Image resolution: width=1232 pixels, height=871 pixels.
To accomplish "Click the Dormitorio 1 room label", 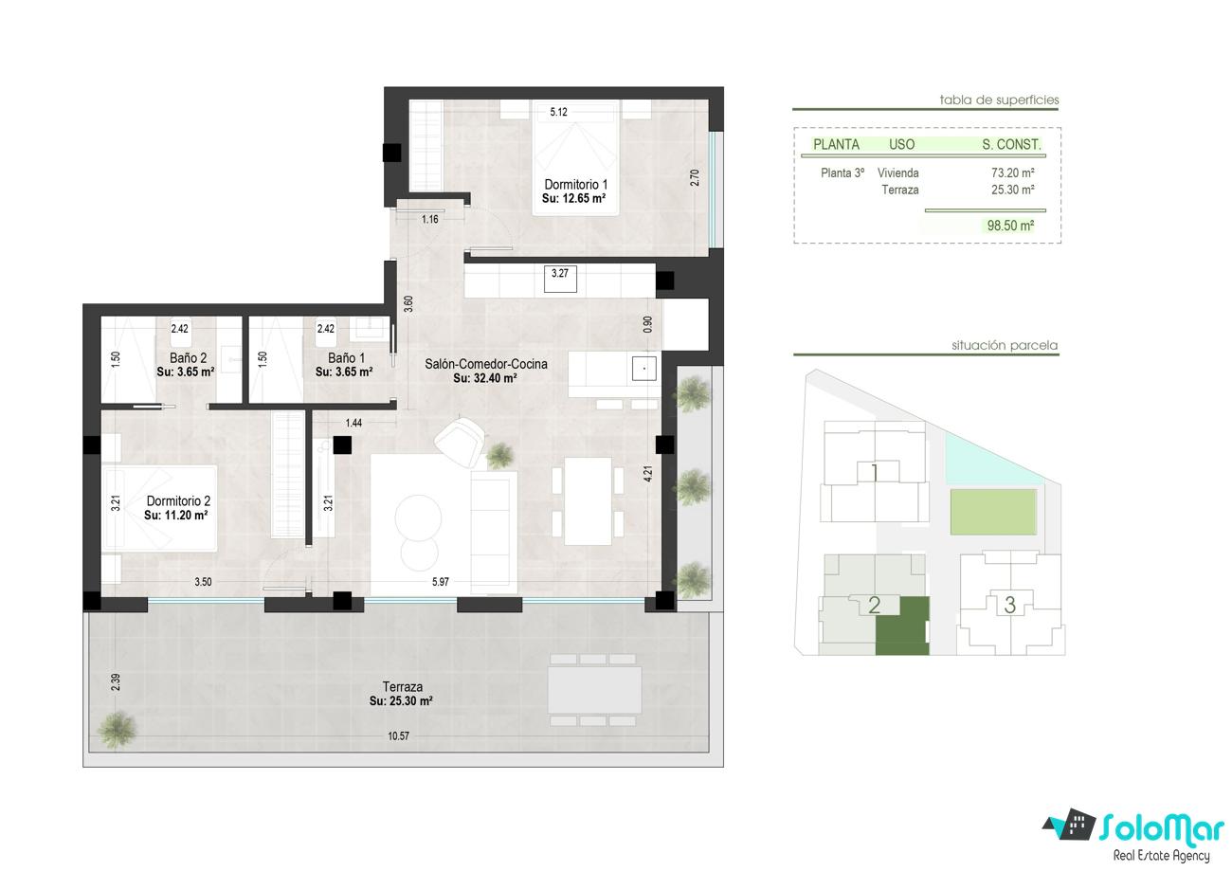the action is click(575, 184).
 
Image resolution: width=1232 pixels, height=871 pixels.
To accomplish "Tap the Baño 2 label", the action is click(188, 358).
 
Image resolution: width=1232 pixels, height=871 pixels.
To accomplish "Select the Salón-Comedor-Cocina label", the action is click(485, 364).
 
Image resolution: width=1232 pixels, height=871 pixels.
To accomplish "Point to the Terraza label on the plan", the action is click(403, 687).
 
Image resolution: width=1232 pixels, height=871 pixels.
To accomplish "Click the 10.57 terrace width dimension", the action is click(398, 735).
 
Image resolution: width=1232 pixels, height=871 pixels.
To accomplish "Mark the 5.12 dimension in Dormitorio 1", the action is click(558, 112).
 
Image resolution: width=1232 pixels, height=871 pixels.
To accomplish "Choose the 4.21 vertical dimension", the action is click(648, 474).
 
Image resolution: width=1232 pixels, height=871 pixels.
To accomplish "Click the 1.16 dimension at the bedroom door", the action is click(429, 219).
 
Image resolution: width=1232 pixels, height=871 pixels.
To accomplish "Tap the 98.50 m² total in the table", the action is click(1010, 226).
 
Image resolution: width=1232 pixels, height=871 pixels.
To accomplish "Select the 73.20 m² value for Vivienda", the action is click(1012, 172).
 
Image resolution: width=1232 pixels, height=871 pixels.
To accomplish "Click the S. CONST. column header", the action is click(1011, 145).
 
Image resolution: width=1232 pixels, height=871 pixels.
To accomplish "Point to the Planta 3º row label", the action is click(842, 172).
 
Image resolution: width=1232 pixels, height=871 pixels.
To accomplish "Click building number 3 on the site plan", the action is click(1009, 606).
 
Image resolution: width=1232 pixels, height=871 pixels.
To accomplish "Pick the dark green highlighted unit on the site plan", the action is click(902, 626).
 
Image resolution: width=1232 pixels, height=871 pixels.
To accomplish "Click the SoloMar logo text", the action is click(1161, 828).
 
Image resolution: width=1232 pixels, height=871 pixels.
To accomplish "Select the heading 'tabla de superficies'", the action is click(999, 100).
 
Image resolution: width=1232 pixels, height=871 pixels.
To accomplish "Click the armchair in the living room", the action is click(460, 442).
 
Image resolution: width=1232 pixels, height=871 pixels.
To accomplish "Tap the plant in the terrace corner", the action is click(117, 730).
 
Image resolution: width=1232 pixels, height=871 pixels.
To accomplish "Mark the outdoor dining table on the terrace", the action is click(594, 690).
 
